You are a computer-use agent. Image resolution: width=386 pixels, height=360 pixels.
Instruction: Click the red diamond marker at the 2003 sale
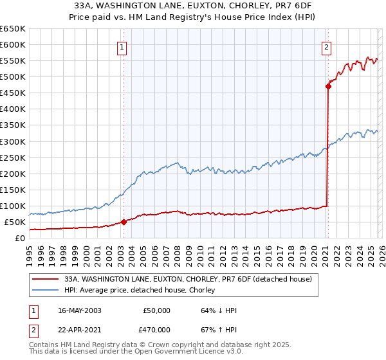pos(124,222)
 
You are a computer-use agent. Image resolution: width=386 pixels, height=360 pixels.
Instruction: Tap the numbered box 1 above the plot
pos(122,46)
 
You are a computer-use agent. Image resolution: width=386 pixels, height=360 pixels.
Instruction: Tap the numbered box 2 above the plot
pos(327,46)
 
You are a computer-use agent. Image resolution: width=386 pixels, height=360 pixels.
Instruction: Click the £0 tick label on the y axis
pos(21,238)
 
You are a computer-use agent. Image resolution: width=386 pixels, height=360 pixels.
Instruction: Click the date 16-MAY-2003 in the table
pos(79,310)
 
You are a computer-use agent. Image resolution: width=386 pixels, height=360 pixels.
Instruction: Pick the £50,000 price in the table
pos(156,310)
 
